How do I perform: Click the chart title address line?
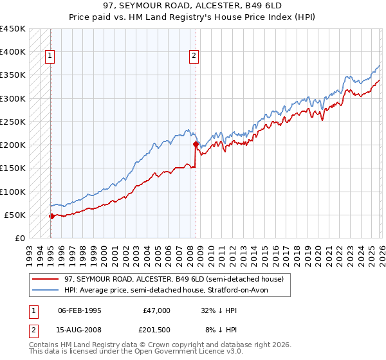192,6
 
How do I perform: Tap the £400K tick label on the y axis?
13,52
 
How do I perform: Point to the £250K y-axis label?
13,122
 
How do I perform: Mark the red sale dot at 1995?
51,216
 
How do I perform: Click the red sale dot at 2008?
195,145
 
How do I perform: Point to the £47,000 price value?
156,310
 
